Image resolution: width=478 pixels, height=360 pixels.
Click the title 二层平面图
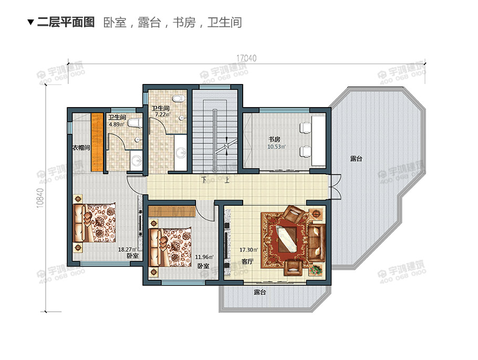(x=66, y=22)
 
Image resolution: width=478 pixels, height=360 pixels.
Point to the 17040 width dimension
(x=246, y=58)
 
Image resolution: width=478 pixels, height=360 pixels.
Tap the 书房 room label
(x=274, y=140)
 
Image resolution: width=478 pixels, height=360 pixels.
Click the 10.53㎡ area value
(x=276, y=147)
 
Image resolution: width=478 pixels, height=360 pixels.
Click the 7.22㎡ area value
(x=160, y=114)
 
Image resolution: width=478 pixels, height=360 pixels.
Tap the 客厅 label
(x=247, y=261)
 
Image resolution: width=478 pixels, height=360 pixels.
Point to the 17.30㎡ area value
(x=248, y=250)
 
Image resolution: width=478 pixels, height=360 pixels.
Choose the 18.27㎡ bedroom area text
(x=127, y=249)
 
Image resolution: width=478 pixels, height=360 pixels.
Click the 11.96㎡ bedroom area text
(x=203, y=257)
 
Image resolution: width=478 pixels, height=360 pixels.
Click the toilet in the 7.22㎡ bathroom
(x=179, y=98)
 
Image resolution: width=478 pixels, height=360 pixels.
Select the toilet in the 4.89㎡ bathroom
(x=135, y=124)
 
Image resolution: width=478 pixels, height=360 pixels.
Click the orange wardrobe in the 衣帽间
(x=97, y=142)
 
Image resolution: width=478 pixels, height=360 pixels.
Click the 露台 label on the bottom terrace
(x=259, y=292)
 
